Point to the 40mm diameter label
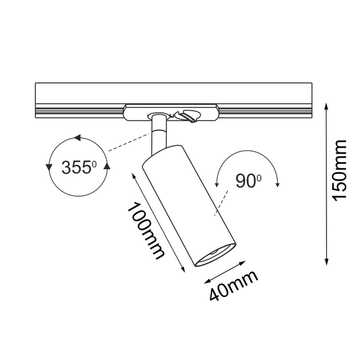(233, 286)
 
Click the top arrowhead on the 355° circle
(77, 139)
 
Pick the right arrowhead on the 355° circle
(107, 166)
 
